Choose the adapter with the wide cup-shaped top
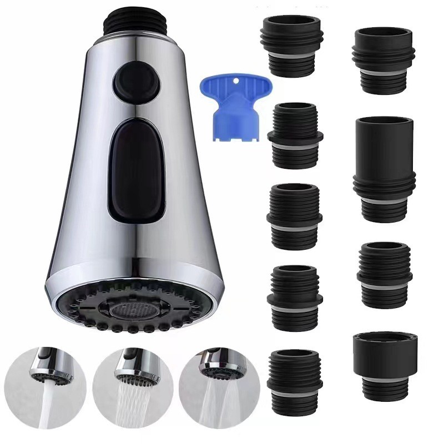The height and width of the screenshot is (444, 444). [x=383, y=364]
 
